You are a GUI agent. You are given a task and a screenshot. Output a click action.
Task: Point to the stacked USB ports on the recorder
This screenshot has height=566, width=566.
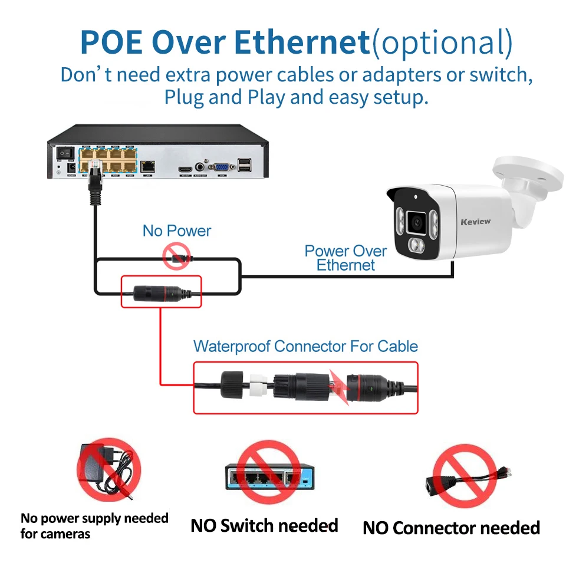(245, 167)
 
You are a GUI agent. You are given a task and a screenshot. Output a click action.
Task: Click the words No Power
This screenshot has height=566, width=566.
(176, 231)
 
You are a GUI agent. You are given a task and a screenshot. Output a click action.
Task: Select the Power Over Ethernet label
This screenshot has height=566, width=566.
(345, 258)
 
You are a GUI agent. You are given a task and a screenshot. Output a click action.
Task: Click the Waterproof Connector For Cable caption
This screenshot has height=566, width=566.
(305, 346)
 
